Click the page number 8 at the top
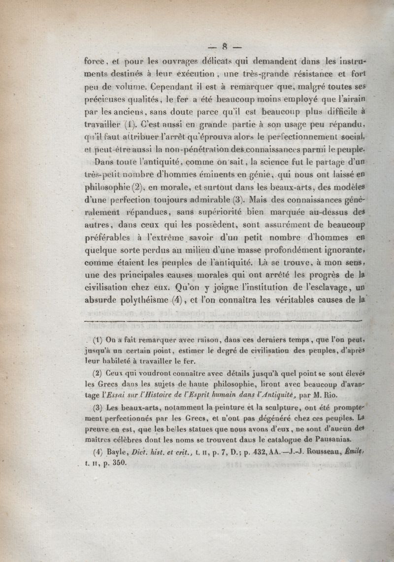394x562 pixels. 224,48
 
